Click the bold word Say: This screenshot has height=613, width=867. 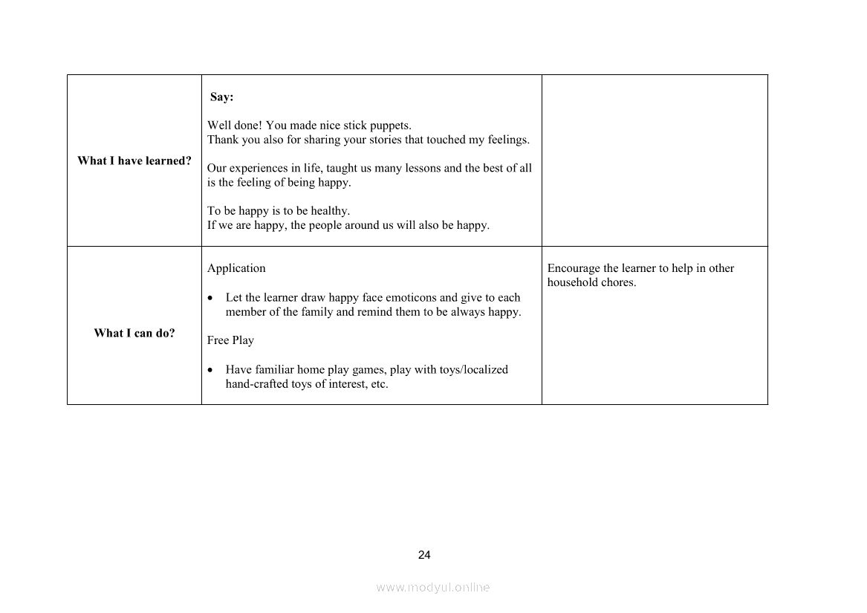click(x=221, y=97)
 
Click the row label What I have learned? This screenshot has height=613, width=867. click(x=134, y=161)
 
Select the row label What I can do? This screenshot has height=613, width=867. click(x=134, y=333)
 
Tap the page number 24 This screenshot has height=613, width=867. click(x=424, y=555)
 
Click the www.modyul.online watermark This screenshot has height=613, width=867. click(x=433, y=588)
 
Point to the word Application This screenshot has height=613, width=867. click(x=236, y=268)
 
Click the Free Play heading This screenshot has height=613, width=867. click(x=230, y=340)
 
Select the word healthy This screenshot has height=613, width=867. click(x=330, y=211)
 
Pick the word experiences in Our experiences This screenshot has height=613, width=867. click(x=256, y=168)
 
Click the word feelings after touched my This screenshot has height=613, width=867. click(x=508, y=140)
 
